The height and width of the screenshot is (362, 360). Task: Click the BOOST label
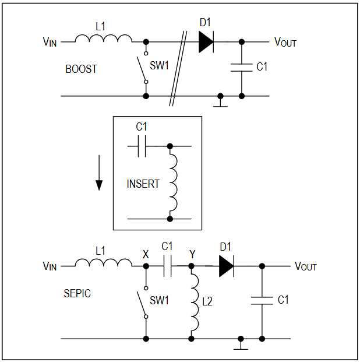point(81,69)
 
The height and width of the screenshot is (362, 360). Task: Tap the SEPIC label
point(77,293)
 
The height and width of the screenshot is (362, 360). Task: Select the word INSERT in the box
point(143,184)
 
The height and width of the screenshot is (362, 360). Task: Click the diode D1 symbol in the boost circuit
point(206,42)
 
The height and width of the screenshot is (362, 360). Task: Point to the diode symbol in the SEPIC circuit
point(227,266)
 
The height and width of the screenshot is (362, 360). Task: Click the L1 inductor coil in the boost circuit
point(104,38)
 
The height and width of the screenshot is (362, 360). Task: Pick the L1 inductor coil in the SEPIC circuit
point(104,263)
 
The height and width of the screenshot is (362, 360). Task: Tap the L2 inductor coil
point(195,303)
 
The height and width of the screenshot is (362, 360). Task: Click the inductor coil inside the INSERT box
point(174,182)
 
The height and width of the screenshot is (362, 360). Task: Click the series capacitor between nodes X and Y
point(168,266)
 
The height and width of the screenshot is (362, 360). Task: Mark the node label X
point(146,254)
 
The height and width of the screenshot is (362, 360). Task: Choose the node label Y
point(192,254)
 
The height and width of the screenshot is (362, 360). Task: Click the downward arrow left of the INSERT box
point(99,173)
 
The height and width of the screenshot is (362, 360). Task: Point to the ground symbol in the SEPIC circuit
point(241,345)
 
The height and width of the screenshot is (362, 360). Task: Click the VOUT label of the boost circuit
point(285,42)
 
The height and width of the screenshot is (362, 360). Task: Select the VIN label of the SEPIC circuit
point(50,266)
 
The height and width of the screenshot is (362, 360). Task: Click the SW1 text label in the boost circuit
point(159,65)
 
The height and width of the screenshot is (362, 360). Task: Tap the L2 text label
point(207,301)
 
